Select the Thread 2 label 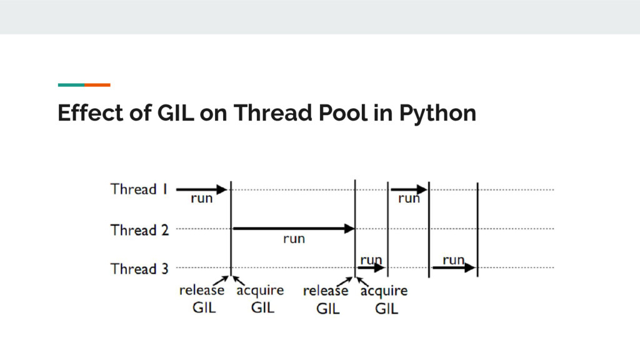[x=139, y=230]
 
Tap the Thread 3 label [x=139, y=269]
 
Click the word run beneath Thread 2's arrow [x=294, y=239]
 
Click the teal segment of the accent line [x=71, y=84]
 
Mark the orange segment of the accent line [x=97, y=84]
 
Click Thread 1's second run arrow [x=409, y=189]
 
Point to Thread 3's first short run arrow [x=371, y=267]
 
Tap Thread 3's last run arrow [x=454, y=267]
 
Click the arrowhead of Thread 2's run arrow [x=349, y=229]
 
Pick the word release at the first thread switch [x=202, y=291]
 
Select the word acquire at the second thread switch [x=384, y=291]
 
